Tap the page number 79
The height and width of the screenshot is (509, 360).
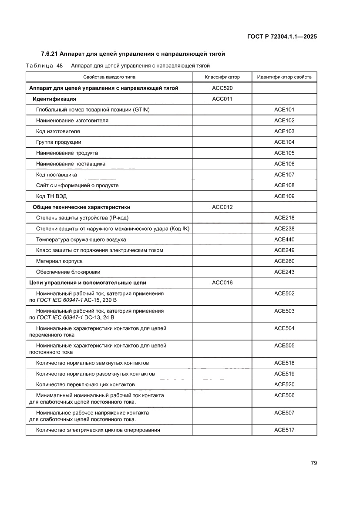[x=313, y=463]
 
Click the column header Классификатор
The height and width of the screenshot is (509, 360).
[x=222, y=77]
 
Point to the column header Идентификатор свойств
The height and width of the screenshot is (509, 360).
[x=284, y=77]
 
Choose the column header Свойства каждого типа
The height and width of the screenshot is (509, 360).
[x=109, y=77]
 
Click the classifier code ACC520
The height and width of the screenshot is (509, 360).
[x=222, y=88]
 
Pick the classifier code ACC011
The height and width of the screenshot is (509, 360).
[x=222, y=99]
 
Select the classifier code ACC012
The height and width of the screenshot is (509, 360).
[x=222, y=207]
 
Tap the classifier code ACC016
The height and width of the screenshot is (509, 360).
[x=222, y=283]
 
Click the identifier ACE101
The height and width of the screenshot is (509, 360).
[x=284, y=110]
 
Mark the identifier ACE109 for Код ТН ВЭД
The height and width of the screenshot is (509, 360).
[x=284, y=196]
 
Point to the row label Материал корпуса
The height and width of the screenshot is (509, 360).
[x=59, y=261]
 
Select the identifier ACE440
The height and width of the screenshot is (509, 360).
[x=284, y=239]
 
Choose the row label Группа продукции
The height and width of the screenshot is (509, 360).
[x=58, y=142]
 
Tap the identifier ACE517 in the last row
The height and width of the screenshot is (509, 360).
[x=284, y=430]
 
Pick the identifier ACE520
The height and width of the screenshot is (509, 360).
[x=284, y=384]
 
